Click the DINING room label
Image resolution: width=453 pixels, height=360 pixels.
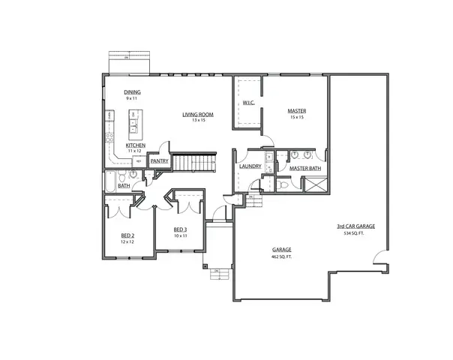133,92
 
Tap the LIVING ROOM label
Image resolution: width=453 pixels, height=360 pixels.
198,115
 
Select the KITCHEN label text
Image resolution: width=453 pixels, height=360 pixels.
136,145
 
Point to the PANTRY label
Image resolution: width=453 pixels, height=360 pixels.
159,160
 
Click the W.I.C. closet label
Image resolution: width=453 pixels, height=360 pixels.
249,102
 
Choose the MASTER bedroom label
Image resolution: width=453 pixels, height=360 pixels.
297,111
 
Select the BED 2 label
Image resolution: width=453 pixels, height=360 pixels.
127,235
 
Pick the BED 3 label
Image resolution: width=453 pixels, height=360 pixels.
179,229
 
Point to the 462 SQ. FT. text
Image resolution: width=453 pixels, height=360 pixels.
282,256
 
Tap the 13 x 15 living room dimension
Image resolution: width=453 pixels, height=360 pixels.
198,121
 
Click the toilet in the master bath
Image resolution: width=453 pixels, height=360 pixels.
283,182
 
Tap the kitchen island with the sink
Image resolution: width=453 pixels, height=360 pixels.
136,124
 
